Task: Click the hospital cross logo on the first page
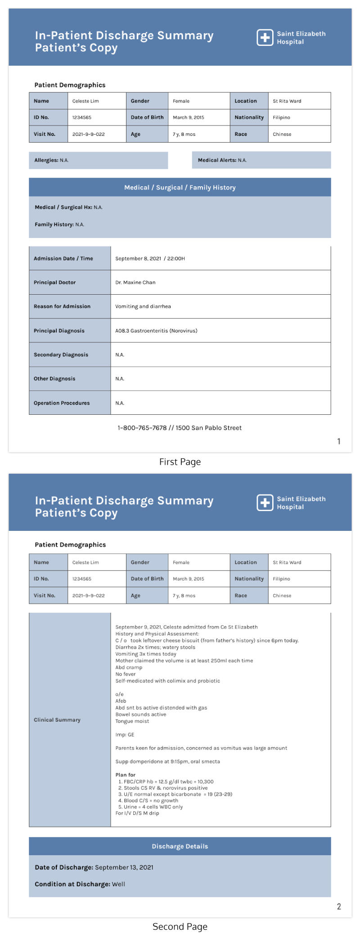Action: (265, 38)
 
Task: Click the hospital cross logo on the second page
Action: (265, 503)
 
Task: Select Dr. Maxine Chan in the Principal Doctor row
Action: (135, 283)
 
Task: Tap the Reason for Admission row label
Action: (62, 306)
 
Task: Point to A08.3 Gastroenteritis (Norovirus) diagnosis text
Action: (156, 331)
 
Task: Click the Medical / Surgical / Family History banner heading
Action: (180, 188)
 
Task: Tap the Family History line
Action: (59, 224)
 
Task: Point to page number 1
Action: (339, 441)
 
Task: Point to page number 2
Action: (339, 907)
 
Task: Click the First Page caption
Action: (180, 462)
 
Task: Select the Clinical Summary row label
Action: (57, 720)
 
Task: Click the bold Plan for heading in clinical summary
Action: (126, 775)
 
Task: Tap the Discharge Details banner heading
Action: (180, 846)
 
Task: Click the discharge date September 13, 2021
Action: (124, 867)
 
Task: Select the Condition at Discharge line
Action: (80, 884)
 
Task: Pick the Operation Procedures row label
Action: (62, 403)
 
